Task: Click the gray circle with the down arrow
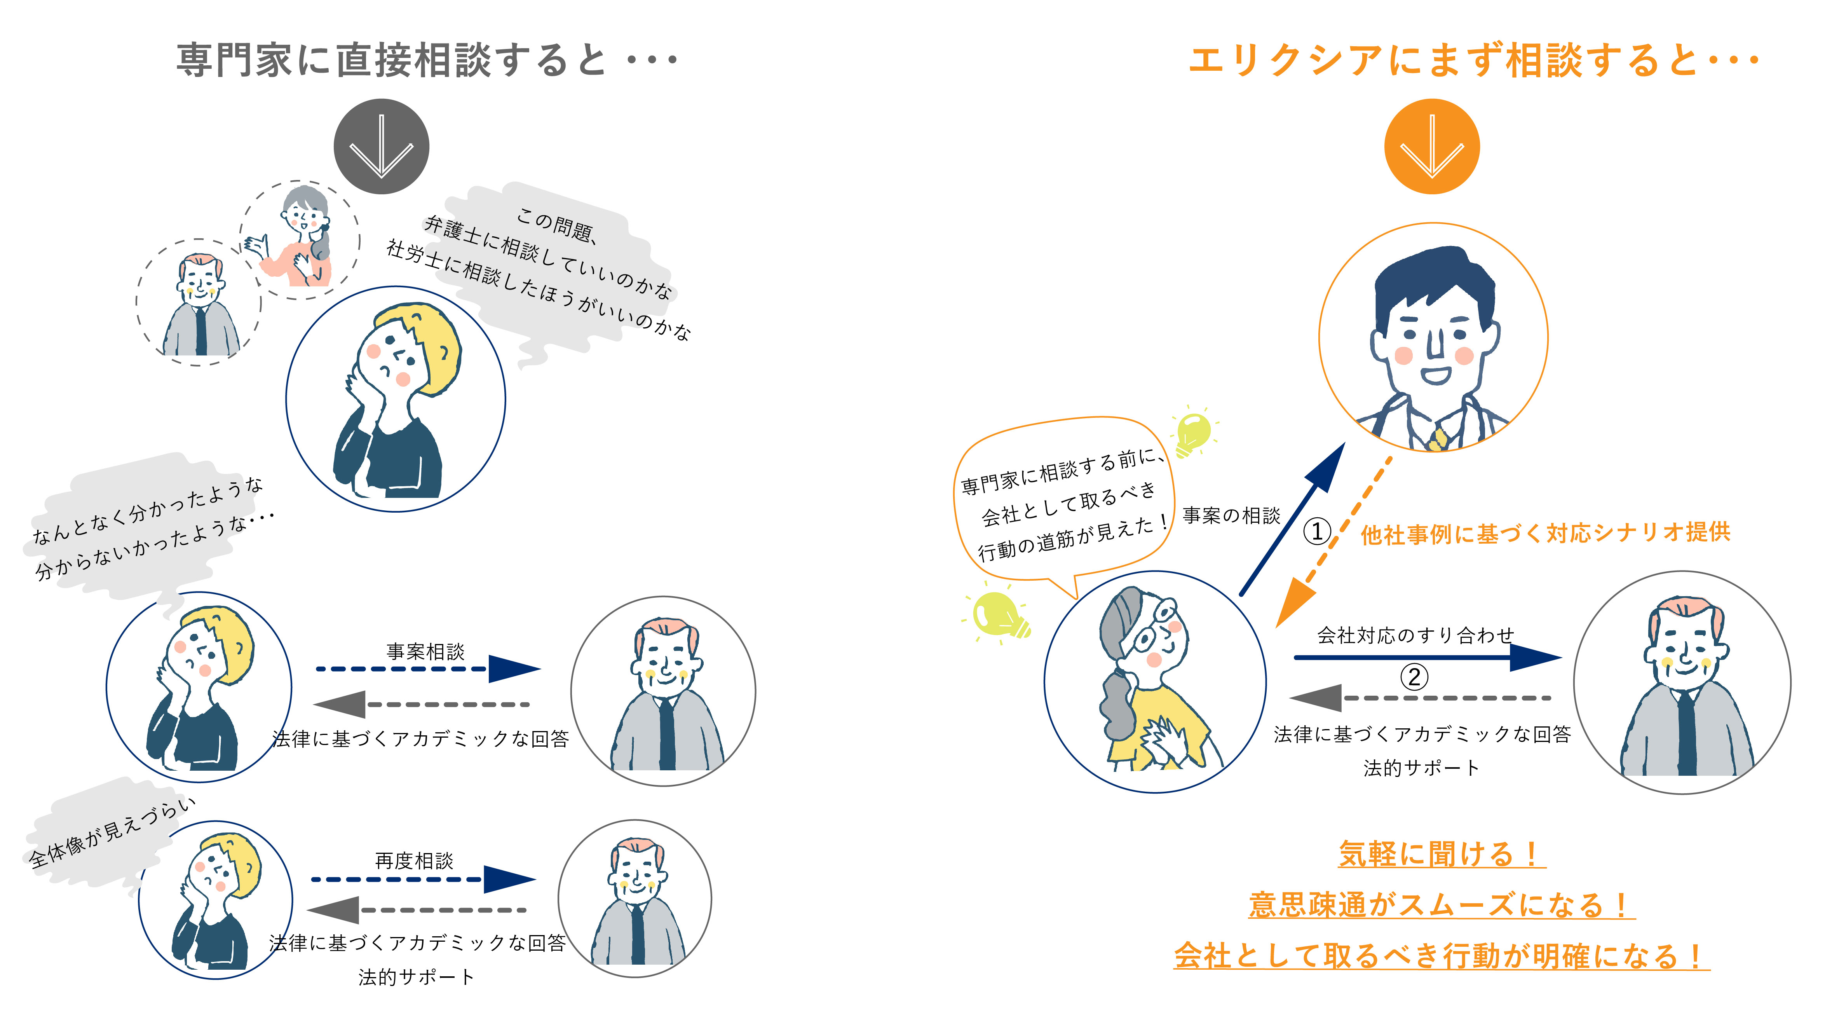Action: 381,146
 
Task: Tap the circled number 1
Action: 1316,531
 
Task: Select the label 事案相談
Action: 426,651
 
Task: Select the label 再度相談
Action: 414,860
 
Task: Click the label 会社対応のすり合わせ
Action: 1415,635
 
